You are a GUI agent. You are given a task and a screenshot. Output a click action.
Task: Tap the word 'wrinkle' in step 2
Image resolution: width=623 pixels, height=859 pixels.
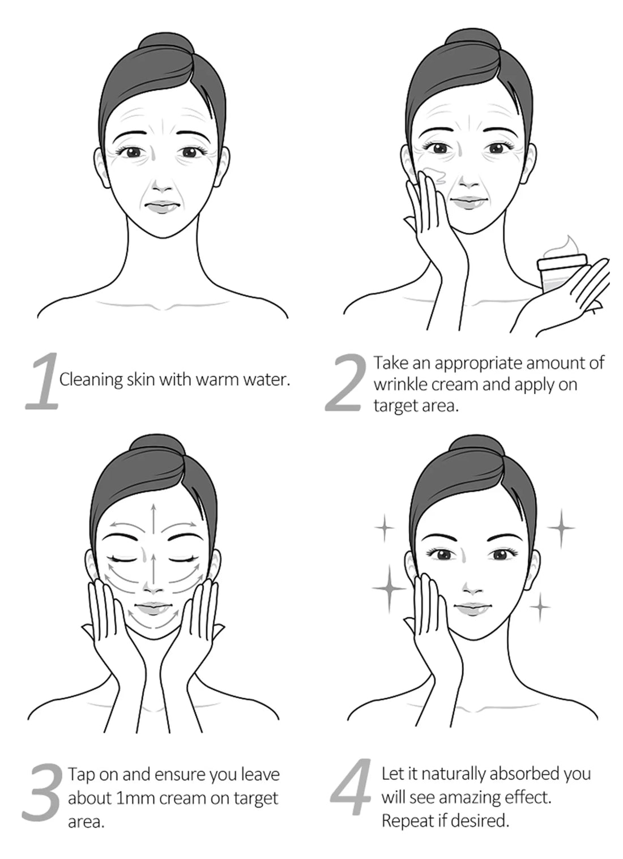point(401,384)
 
